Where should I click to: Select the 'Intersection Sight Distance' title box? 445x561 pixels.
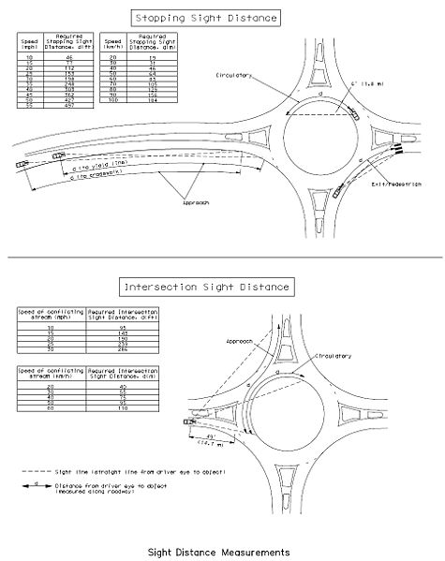[205, 285]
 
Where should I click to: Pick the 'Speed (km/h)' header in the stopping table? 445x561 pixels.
[112, 43]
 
